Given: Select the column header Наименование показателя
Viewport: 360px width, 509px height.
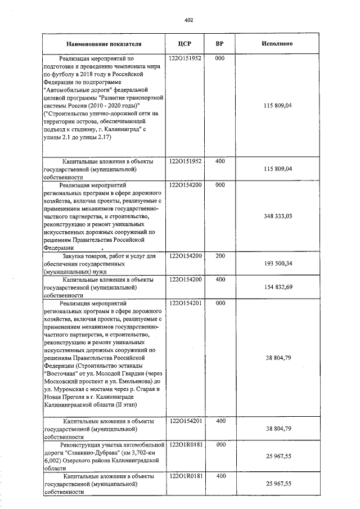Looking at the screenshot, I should point(103,43).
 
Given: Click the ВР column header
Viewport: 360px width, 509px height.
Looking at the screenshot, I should point(220,43).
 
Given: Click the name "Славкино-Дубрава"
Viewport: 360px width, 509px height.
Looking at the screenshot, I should point(93,452).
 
